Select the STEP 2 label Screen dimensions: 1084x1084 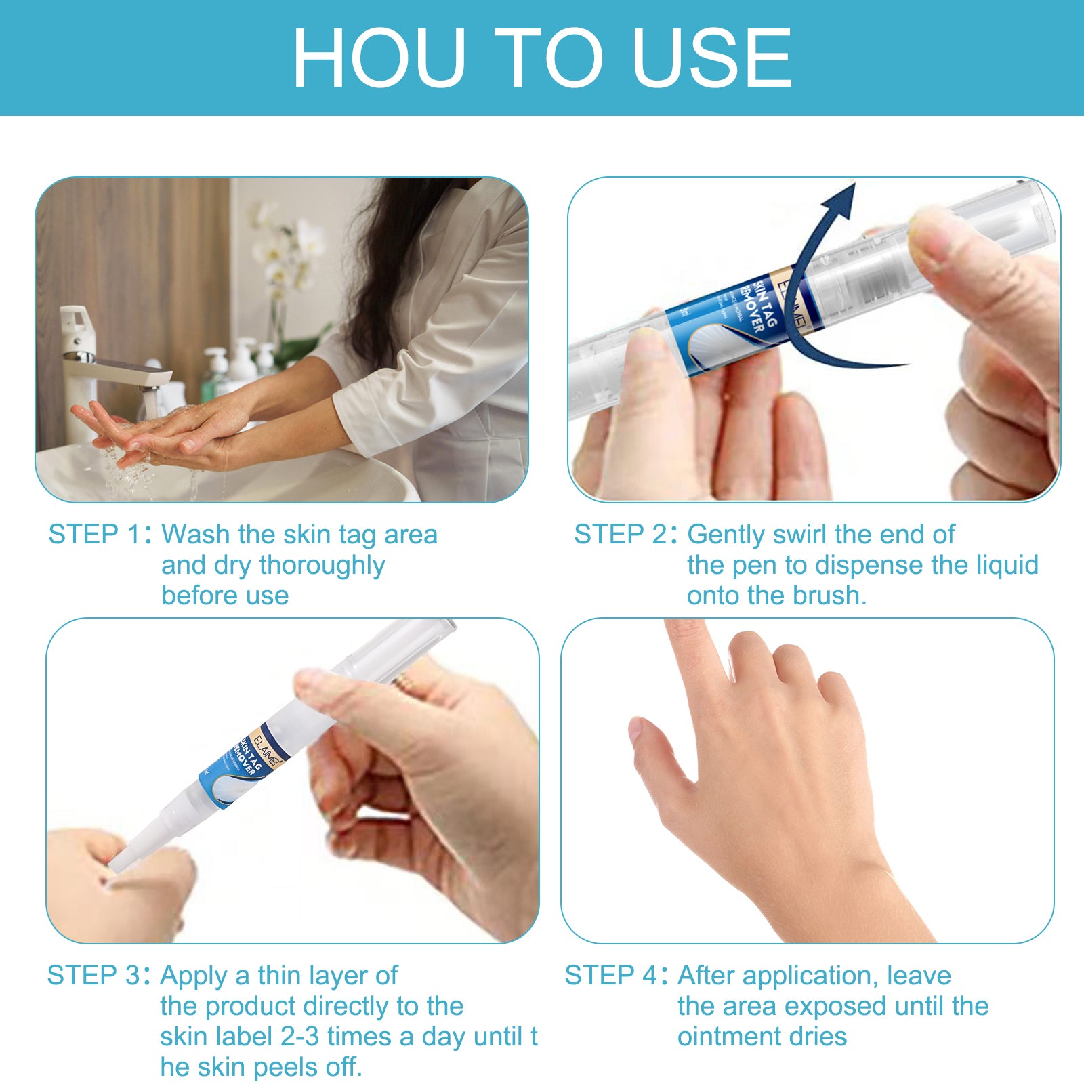[620, 535]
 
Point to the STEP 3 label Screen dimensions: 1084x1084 [93, 976]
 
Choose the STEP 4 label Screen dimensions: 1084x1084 [610, 976]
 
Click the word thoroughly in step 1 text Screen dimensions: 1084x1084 [322, 566]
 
